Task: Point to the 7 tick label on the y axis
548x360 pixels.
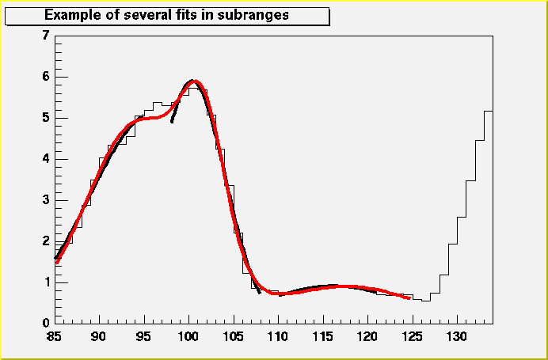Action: click(x=46, y=36)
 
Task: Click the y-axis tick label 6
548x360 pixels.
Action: click(x=46, y=77)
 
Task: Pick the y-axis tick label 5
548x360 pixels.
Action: click(x=46, y=118)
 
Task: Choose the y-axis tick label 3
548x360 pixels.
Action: click(x=46, y=200)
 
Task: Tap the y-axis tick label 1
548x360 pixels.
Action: click(x=46, y=282)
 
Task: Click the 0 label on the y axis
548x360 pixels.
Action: click(x=46, y=324)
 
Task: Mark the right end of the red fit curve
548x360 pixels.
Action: click(x=409, y=297)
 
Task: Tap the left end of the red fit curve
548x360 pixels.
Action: click(x=57, y=263)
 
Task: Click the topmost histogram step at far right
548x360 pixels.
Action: click(x=488, y=112)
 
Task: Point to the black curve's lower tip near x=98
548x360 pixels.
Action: click(x=172, y=121)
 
